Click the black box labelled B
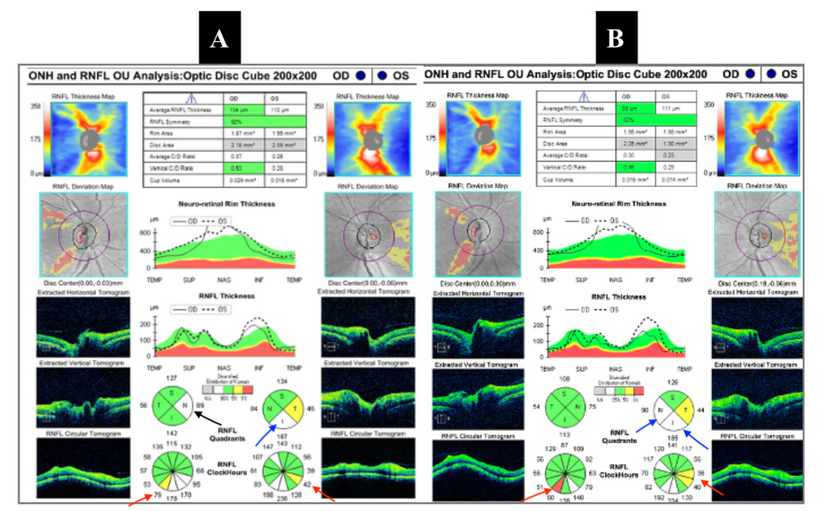click(x=617, y=38)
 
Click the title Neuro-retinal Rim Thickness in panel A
click(x=215, y=204)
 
